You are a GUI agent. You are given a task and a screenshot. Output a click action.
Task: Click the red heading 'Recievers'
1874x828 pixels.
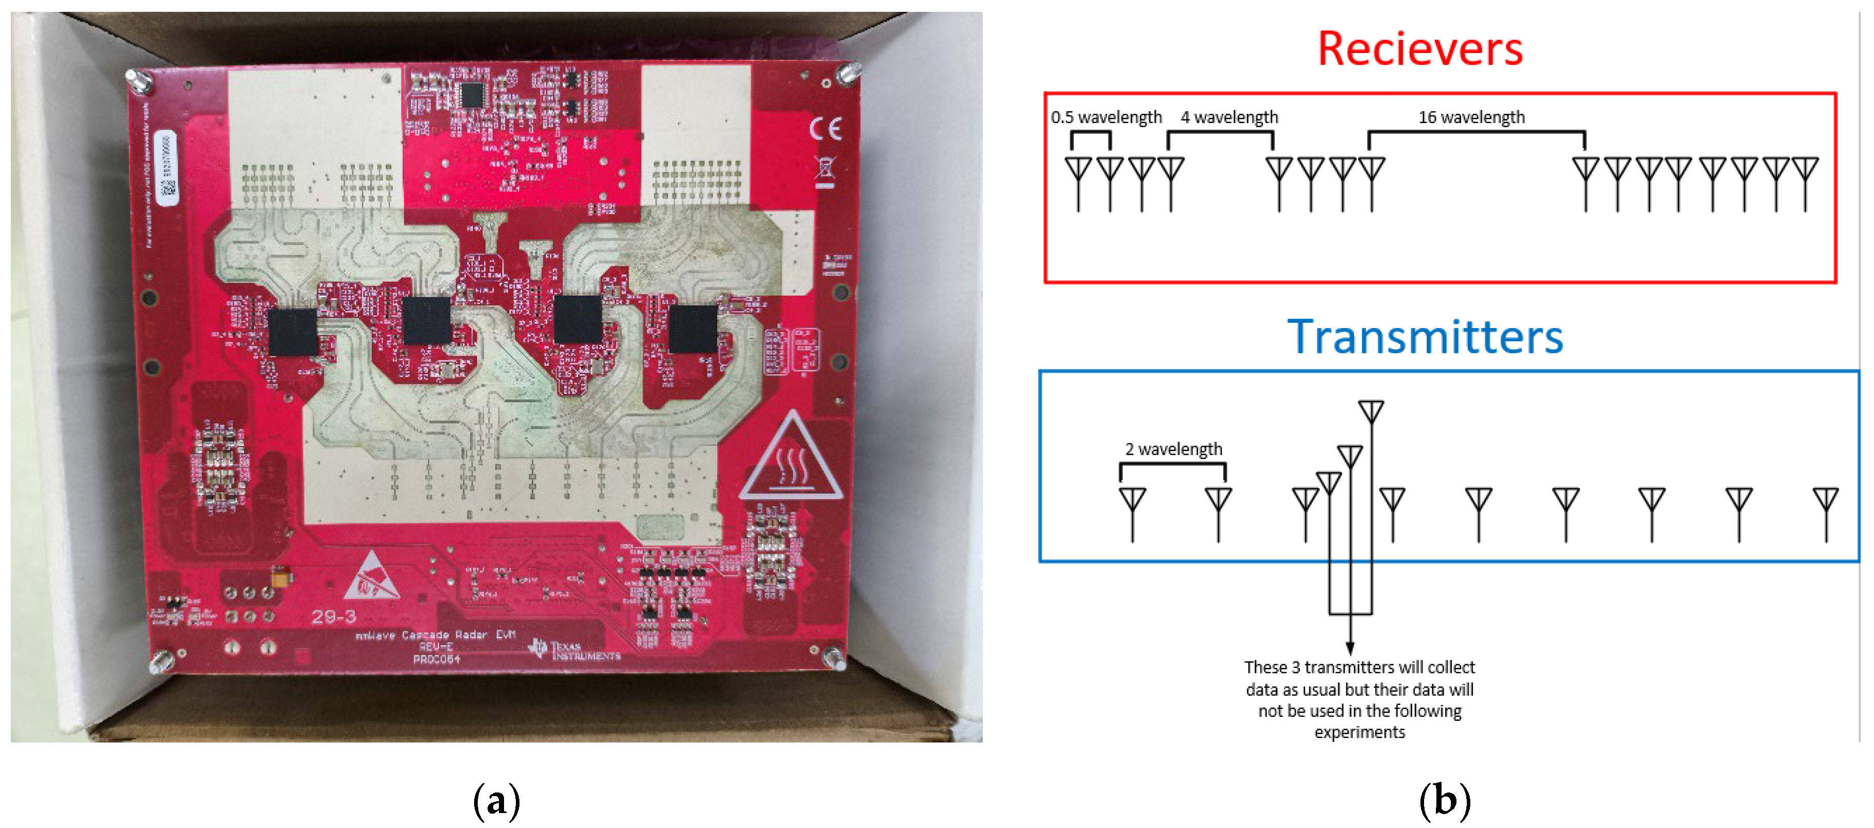(x=1419, y=49)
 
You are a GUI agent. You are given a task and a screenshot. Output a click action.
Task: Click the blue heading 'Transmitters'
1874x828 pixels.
(x=1425, y=337)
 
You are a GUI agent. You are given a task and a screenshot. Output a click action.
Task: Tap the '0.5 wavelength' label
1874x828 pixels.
(x=1106, y=117)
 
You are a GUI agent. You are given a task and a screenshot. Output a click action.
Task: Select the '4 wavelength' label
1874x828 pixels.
(x=1229, y=117)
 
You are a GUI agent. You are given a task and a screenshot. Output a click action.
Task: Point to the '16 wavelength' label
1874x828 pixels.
(x=1471, y=117)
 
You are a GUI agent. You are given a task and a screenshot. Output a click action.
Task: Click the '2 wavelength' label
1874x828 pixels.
(x=1173, y=449)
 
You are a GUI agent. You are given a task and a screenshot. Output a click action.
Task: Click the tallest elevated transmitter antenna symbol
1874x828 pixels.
(x=1370, y=412)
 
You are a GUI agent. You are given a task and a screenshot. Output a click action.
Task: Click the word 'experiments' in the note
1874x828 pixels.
(x=1359, y=732)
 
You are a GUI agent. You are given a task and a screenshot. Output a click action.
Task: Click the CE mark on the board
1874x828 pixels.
(x=826, y=129)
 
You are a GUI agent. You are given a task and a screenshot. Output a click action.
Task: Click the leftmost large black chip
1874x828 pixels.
(x=292, y=332)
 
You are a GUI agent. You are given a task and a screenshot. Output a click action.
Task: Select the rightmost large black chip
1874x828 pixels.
(x=692, y=329)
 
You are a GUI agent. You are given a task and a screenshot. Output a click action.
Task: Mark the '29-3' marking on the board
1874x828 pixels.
(x=334, y=617)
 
